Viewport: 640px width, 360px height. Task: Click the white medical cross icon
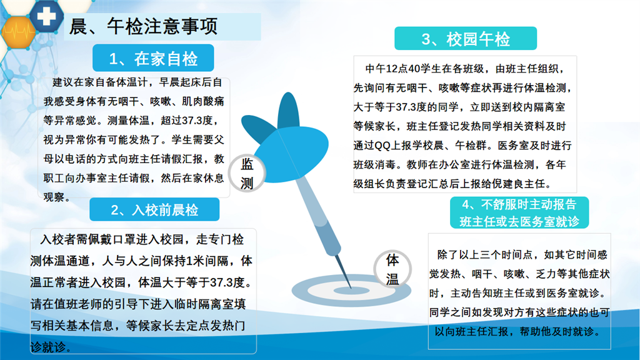[46, 16]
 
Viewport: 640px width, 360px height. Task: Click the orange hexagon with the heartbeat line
[18, 32]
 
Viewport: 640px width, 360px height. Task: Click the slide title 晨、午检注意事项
[143, 26]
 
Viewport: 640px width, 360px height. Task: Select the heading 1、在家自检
[154, 59]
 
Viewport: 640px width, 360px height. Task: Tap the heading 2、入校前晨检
[155, 210]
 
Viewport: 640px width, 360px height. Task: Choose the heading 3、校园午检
[466, 39]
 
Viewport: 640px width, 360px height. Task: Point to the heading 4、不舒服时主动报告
[519, 204]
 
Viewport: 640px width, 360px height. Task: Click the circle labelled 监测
[247, 174]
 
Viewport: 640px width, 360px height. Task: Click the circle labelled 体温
[392, 269]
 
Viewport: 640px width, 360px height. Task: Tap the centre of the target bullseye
[351, 291]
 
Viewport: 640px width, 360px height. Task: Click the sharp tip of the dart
[351, 287]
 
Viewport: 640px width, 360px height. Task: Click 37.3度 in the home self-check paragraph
[197, 121]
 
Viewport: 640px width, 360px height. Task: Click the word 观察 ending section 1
[54, 197]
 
